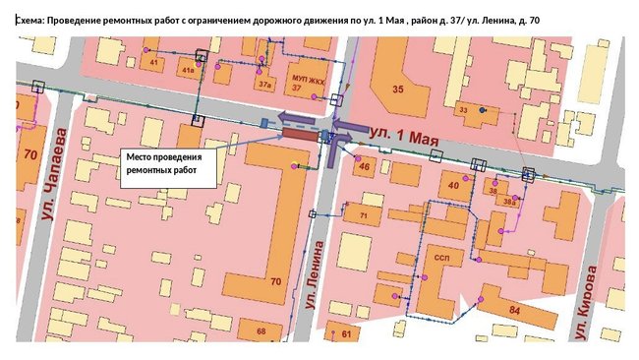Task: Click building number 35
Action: [x=398, y=90]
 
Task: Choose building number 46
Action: [x=364, y=168]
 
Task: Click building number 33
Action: [x=463, y=110]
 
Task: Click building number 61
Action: [x=346, y=334]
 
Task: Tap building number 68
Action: [x=261, y=332]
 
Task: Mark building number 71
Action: [x=363, y=214]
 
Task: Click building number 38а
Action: [x=508, y=201]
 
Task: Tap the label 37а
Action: [x=264, y=86]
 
